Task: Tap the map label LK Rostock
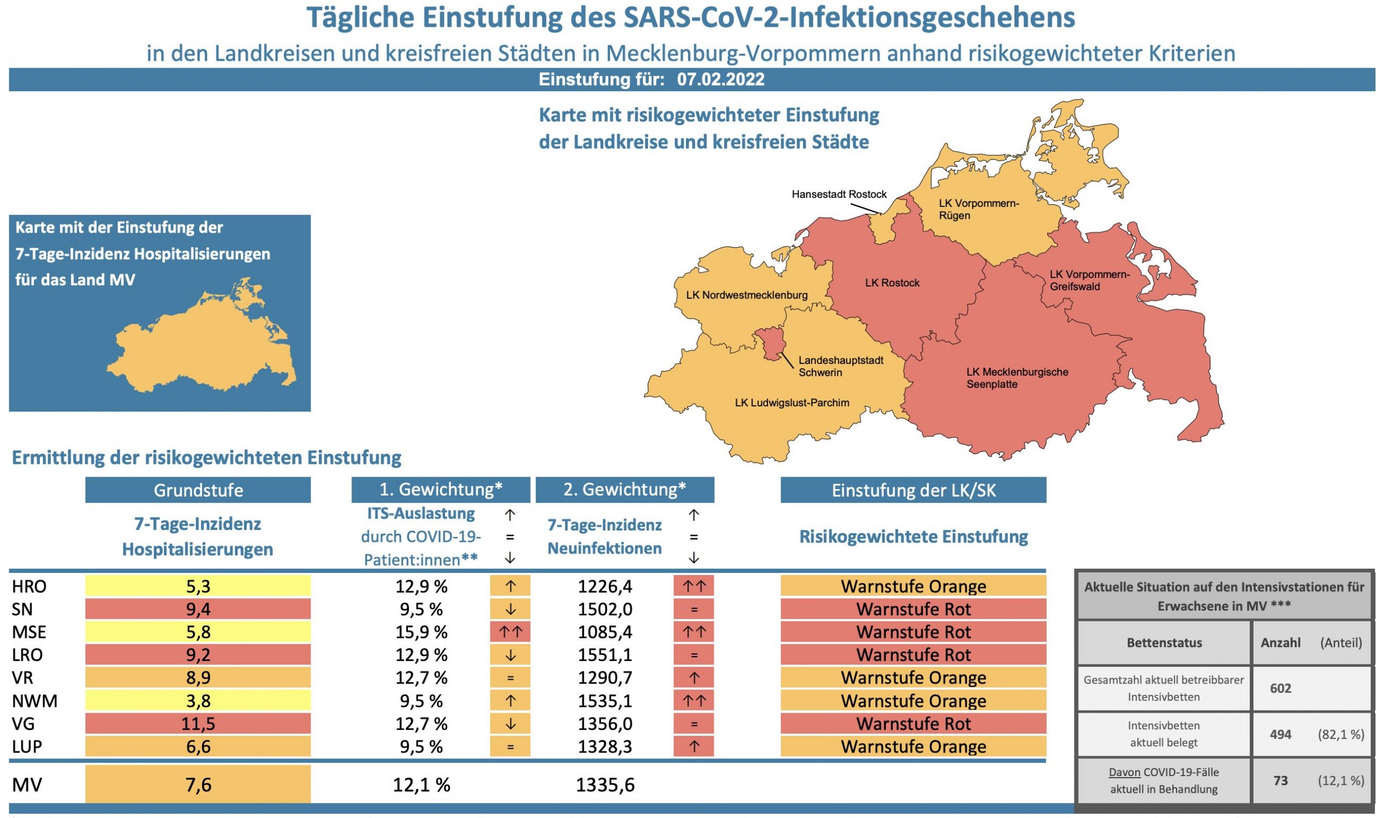[x=892, y=283]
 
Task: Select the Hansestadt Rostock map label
[x=838, y=194]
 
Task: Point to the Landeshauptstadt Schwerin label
[x=840, y=366]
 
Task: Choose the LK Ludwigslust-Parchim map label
[x=792, y=403]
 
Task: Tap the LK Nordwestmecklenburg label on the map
[x=747, y=295]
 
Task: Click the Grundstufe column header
[x=198, y=490]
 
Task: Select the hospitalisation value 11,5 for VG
[x=198, y=723]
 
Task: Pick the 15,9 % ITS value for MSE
[x=421, y=632]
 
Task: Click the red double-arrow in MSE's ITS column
[x=510, y=632]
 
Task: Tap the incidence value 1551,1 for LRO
[x=605, y=655]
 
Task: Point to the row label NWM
[x=34, y=701]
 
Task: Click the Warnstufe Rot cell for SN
[x=913, y=609]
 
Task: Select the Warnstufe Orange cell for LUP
[x=913, y=747]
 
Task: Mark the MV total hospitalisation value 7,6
[x=198, y=784]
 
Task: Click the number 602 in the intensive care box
[x=1280, y=688]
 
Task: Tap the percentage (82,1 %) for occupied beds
[x=1341, y=734]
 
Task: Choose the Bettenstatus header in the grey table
[x=1164, y=643]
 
